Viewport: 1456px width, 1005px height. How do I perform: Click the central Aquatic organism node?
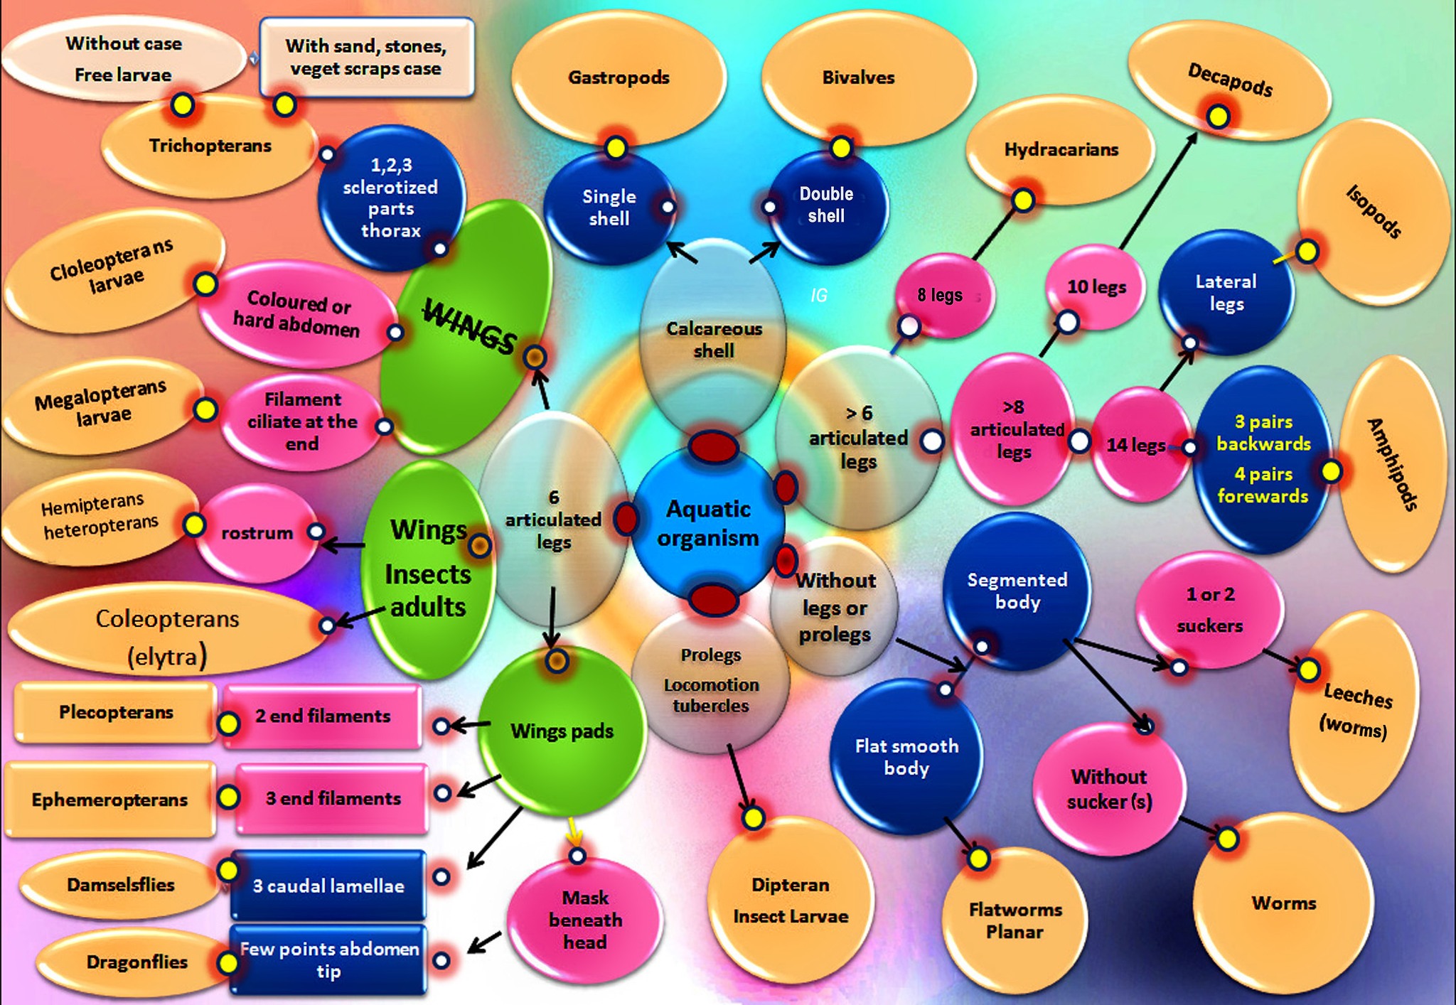tap(707, 524)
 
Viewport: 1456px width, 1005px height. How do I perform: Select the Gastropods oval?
tap(618, 77)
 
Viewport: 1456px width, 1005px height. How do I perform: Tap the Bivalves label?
tap(858, 77)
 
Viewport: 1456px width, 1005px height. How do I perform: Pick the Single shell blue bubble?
tap(609, 208)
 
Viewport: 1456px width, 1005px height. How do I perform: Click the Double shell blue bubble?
tap(826, 205)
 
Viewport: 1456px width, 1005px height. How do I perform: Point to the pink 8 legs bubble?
tap(940, 294)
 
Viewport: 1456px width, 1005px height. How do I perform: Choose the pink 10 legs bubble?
tap(1096, 286)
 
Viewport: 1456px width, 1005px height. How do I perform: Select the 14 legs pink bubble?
tap(1136, 445)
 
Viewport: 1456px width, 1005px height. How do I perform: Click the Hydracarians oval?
tap(1061, 149)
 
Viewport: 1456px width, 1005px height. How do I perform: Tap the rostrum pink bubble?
tap(257, 533)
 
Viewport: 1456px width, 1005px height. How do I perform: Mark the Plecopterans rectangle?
tap(116, 712)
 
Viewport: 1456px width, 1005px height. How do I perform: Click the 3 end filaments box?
tap(333, 799)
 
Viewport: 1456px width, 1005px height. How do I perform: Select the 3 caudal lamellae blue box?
tap(328, 886)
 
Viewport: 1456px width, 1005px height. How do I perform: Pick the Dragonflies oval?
tap(136, 962)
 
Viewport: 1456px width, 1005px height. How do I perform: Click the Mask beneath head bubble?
tap(584, 920)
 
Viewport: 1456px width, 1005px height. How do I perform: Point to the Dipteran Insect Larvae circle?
tap(791, 901)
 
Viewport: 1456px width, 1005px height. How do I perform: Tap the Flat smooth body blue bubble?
tap(906, 756)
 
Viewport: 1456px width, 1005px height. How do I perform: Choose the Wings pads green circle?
tap(562, 731)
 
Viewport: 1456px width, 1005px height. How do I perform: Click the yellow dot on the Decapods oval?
tap(1218, 116)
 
